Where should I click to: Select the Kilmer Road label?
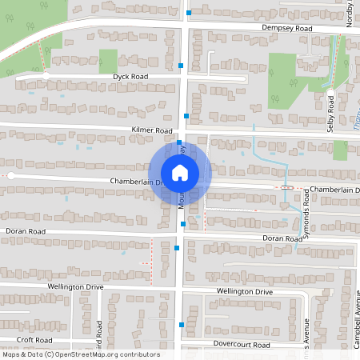[152, 130]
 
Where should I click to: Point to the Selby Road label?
[330, 114]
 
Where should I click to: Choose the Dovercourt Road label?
[242, 344]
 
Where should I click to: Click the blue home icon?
[180, 172]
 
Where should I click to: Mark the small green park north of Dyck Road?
[108, 60]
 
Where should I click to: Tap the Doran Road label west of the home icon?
[26, 231]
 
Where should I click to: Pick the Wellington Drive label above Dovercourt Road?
[244, 292]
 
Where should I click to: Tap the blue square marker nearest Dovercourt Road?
[182, 325]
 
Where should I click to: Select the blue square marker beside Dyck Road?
[182, 64]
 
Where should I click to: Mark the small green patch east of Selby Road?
[341, 150]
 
